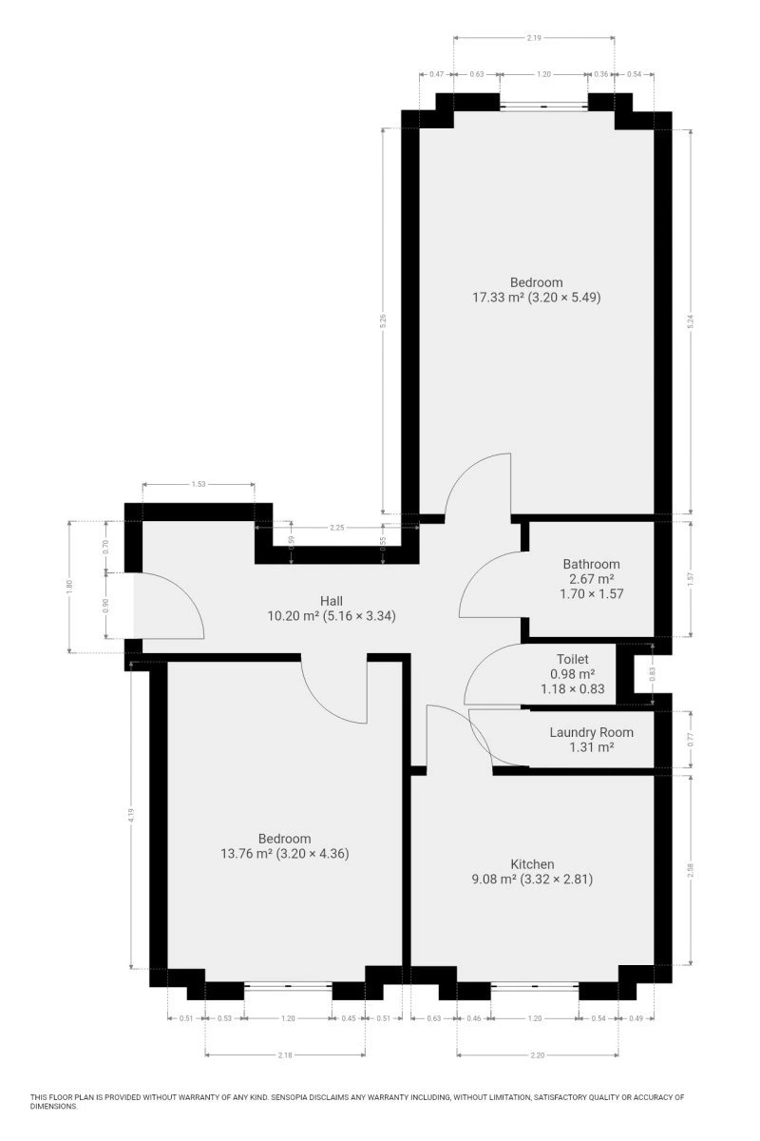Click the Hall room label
pos(331,601)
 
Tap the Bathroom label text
pos(591,564)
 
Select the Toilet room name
pos(572,659)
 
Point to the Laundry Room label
pos(591,732)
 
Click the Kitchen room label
pos(532,864)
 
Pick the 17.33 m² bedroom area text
pos(498,297)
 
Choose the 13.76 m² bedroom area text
pos(246,854)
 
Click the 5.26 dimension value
pos(383,320)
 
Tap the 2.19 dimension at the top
pos(534,38)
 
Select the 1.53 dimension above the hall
pos(199,484)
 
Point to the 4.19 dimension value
pos(131,816)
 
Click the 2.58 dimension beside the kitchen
pos(691,870)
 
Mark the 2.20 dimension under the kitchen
pos(538,1054)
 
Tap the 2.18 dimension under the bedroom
pos(285,1054)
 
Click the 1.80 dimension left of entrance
pos(69,587)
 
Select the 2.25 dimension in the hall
pos(337,528)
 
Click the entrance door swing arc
pos(182,590)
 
